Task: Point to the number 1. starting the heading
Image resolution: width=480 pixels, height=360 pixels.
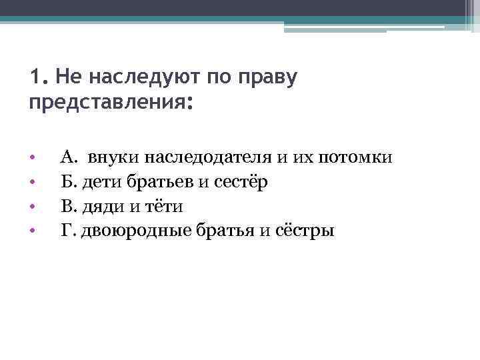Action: [x=37, y=78]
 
